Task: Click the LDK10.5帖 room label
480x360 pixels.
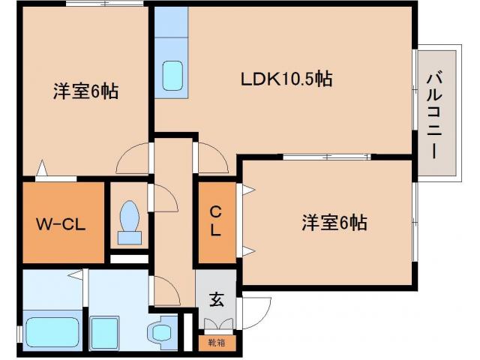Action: (286, 79)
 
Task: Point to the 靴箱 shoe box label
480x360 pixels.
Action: (216, 342)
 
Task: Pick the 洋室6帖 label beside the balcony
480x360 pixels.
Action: (334, 223)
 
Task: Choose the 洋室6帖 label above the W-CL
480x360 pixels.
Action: (86, 91)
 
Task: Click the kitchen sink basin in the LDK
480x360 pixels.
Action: (173, 75)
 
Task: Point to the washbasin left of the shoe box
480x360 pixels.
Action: (161, 331)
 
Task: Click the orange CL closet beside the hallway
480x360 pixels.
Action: (215, 223)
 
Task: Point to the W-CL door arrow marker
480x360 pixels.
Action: (43, 170)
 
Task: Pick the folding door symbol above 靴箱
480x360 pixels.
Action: (217, 324)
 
